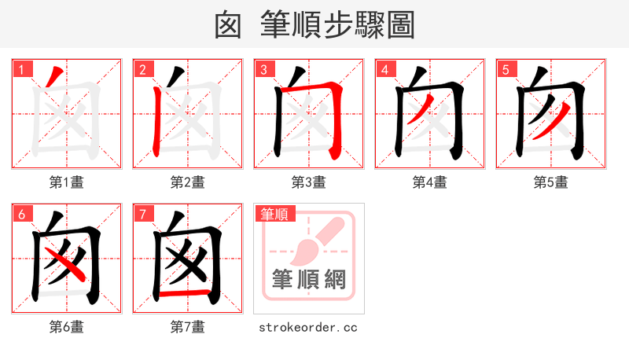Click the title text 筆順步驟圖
[x=337, y=25]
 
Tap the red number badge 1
[x=21, y=69]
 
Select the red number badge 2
[x=142, y=69]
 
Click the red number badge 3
[x=263, y=69]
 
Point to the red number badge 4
[x=384, y=69]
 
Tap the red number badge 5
[x=506, y=69]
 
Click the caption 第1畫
[x=67, y=182]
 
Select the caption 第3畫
[x=309, y=182]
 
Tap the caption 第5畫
[x=551, y=182]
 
